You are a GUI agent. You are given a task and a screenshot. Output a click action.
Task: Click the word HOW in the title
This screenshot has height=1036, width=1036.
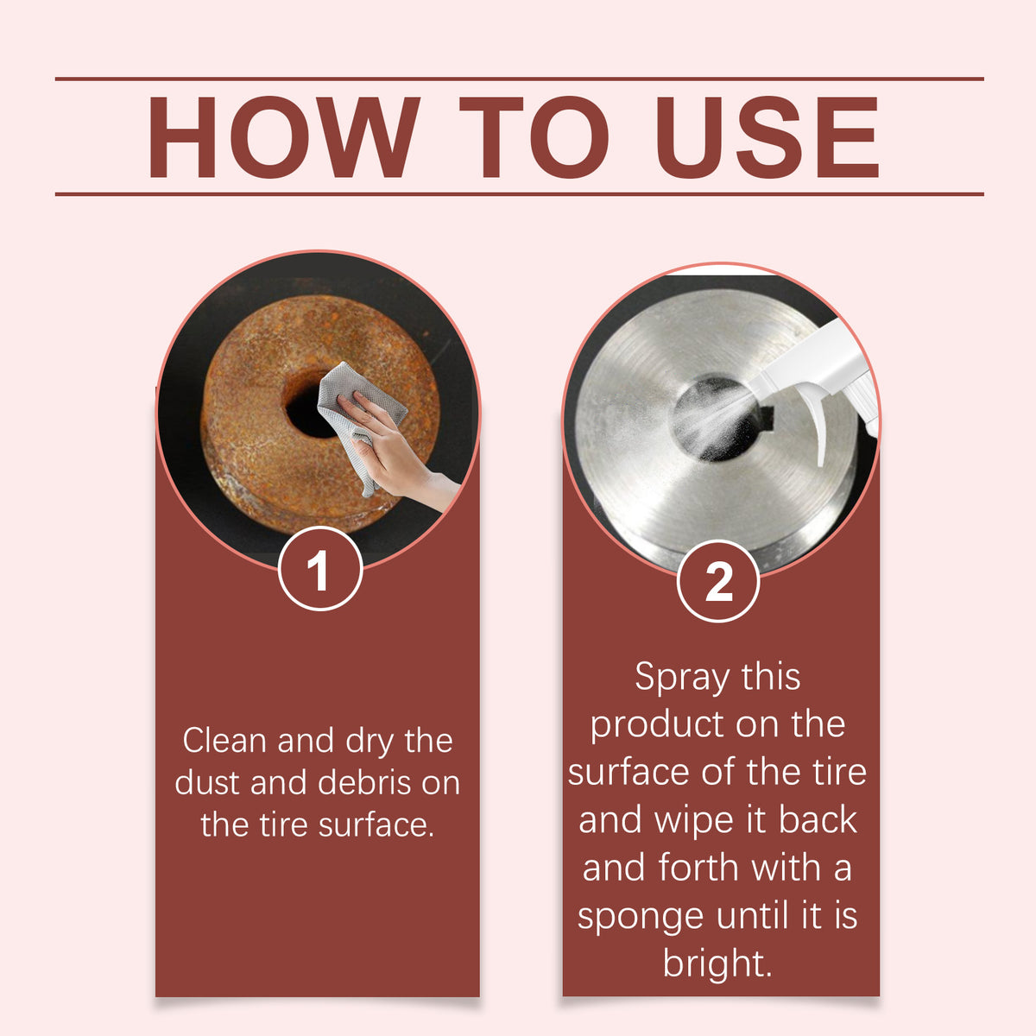point(283,137)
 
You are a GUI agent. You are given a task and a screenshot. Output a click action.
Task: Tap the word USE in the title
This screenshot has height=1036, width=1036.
point(767,137)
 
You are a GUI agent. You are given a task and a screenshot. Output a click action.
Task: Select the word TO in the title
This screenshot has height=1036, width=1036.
point(534,137)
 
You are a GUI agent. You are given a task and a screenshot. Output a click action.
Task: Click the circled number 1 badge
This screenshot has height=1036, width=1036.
point(320,569)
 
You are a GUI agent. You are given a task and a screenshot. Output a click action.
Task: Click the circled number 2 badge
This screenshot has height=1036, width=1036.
point(718,582)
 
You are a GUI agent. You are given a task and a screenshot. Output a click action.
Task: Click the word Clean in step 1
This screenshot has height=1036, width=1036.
point(224,741)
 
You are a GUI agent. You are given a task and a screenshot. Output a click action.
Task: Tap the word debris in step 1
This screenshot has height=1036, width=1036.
point(368,783)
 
